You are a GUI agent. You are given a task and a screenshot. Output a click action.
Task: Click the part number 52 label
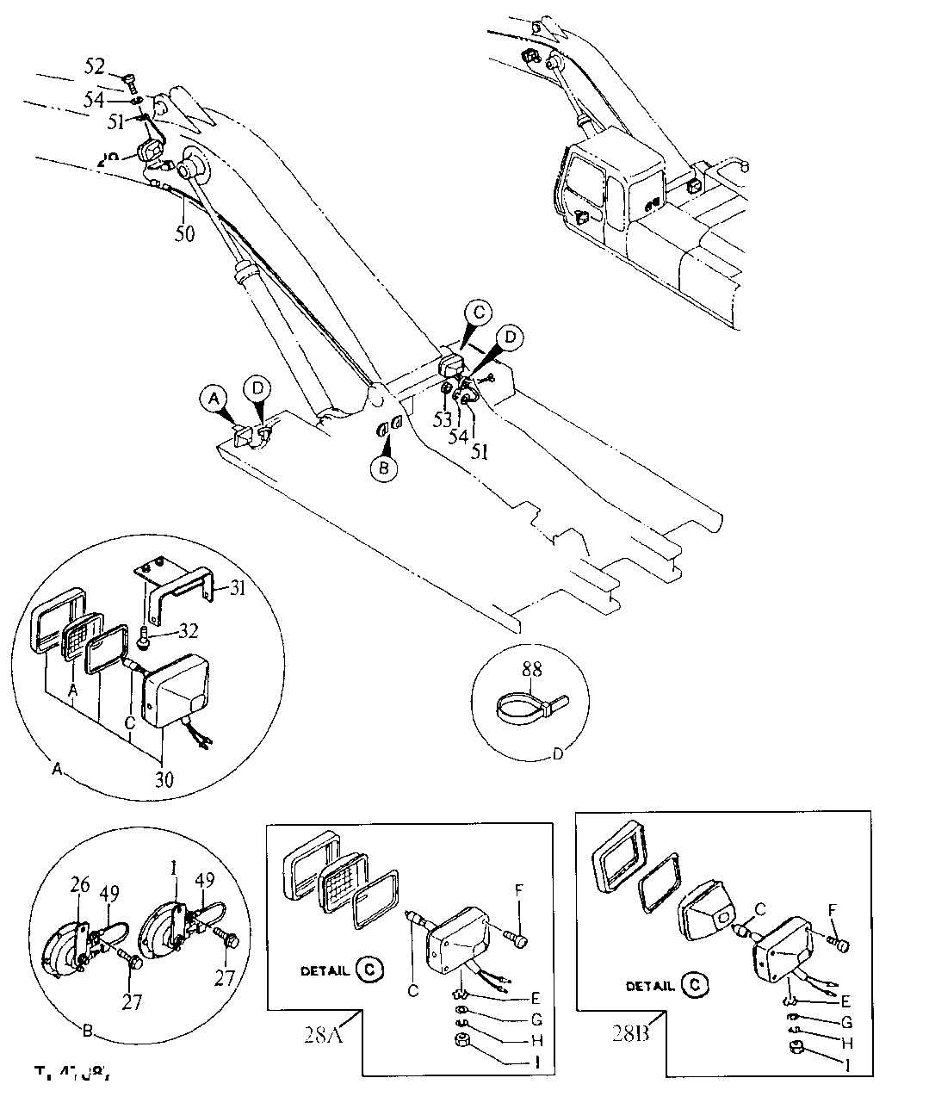(96, 65)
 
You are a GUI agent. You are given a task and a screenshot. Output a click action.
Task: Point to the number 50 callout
(185, 233)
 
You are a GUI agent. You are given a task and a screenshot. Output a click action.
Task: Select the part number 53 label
(443, 419)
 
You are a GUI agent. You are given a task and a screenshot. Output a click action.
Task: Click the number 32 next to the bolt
(189, 631)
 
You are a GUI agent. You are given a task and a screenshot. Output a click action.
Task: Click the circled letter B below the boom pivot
(385, 468)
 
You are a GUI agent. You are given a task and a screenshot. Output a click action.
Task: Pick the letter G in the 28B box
(847, 1022)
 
